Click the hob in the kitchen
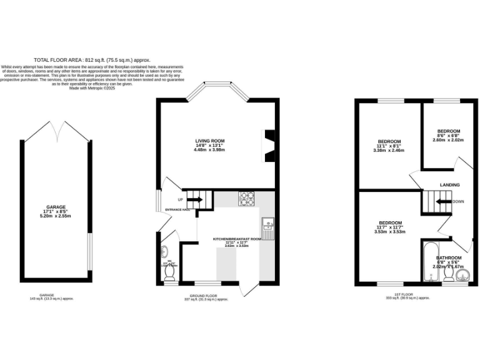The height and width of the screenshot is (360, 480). click(x=246, y=198)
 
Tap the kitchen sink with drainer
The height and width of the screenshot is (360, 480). click(x=267, y=229)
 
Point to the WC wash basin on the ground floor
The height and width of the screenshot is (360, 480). click(x=164, y=252)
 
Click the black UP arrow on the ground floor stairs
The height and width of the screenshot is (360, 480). click(x=194, y=200)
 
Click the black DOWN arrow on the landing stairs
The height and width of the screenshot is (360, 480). click(x=442, y=201)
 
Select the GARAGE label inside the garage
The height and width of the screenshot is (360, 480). click(x=56, y=207)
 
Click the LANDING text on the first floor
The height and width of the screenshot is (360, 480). click(x=449, y=185)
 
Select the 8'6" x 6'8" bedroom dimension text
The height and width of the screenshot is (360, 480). click(x=448, y=136)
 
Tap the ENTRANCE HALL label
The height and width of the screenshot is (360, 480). click(x=178, y=209)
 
